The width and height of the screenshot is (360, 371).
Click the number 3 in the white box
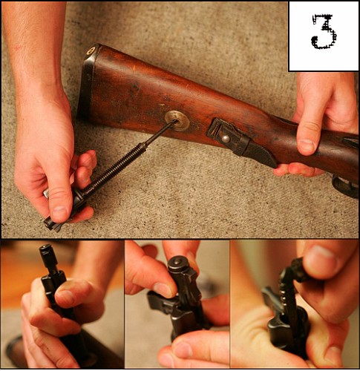[324, 32]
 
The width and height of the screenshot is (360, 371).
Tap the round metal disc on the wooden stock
[177, 121]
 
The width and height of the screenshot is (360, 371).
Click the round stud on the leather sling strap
[225, 138]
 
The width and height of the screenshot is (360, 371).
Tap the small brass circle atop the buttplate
[91, 50]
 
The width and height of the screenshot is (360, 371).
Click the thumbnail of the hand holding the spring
[59, 212]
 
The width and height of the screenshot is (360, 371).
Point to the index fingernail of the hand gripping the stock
[307, 145]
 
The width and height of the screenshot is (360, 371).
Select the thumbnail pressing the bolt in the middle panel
[163, 289]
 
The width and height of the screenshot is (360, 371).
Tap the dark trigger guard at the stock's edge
[345, 186]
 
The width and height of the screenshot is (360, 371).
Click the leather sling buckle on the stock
[228, 137]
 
